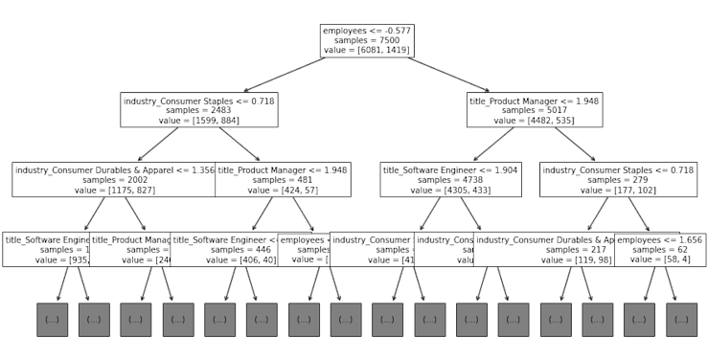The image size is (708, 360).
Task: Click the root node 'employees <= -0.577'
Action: pos(367,40)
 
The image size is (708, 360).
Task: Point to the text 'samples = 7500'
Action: pos(367,40)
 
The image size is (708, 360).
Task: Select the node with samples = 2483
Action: pos(199,110)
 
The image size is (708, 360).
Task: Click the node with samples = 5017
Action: pos(535,110)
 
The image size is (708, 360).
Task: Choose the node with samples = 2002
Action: pos(114,179)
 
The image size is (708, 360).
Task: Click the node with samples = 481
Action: pos(282,179)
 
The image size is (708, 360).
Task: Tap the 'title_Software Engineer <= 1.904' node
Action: pos(450,179)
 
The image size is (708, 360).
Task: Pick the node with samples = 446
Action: pos(224,249)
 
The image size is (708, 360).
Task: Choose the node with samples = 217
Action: pos(543,249)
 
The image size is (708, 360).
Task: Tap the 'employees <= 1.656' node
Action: pos(660,249)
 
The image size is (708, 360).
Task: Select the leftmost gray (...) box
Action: pos(52,319)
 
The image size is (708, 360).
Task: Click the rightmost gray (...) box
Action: pos(681,319)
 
